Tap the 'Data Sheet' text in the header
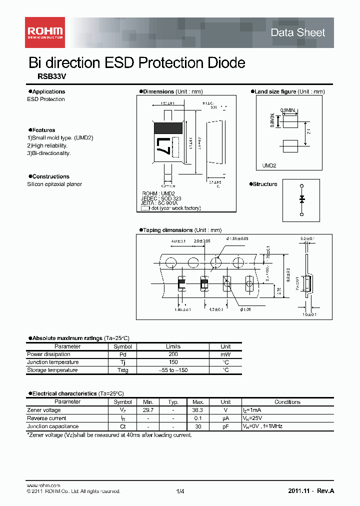[x=297, y=32]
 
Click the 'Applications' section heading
[x=48, y=91]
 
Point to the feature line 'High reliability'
[x=49, y=145]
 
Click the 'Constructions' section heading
[x=50, y=176]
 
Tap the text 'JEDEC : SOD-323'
[x=161, y=198]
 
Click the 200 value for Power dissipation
[x=173, y=354]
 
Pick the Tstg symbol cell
[x=122, y=370]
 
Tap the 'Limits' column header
[x=173, y=346]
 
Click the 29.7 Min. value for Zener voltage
[x=148, y=410]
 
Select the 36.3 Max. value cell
[x=198, y=410]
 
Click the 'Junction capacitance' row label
[x=52, y=426]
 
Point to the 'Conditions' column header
[x=287, y=402]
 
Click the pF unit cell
[x=225, y=426]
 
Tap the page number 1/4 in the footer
[x=180, y=491]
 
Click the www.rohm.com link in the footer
[x=43, y=485]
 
